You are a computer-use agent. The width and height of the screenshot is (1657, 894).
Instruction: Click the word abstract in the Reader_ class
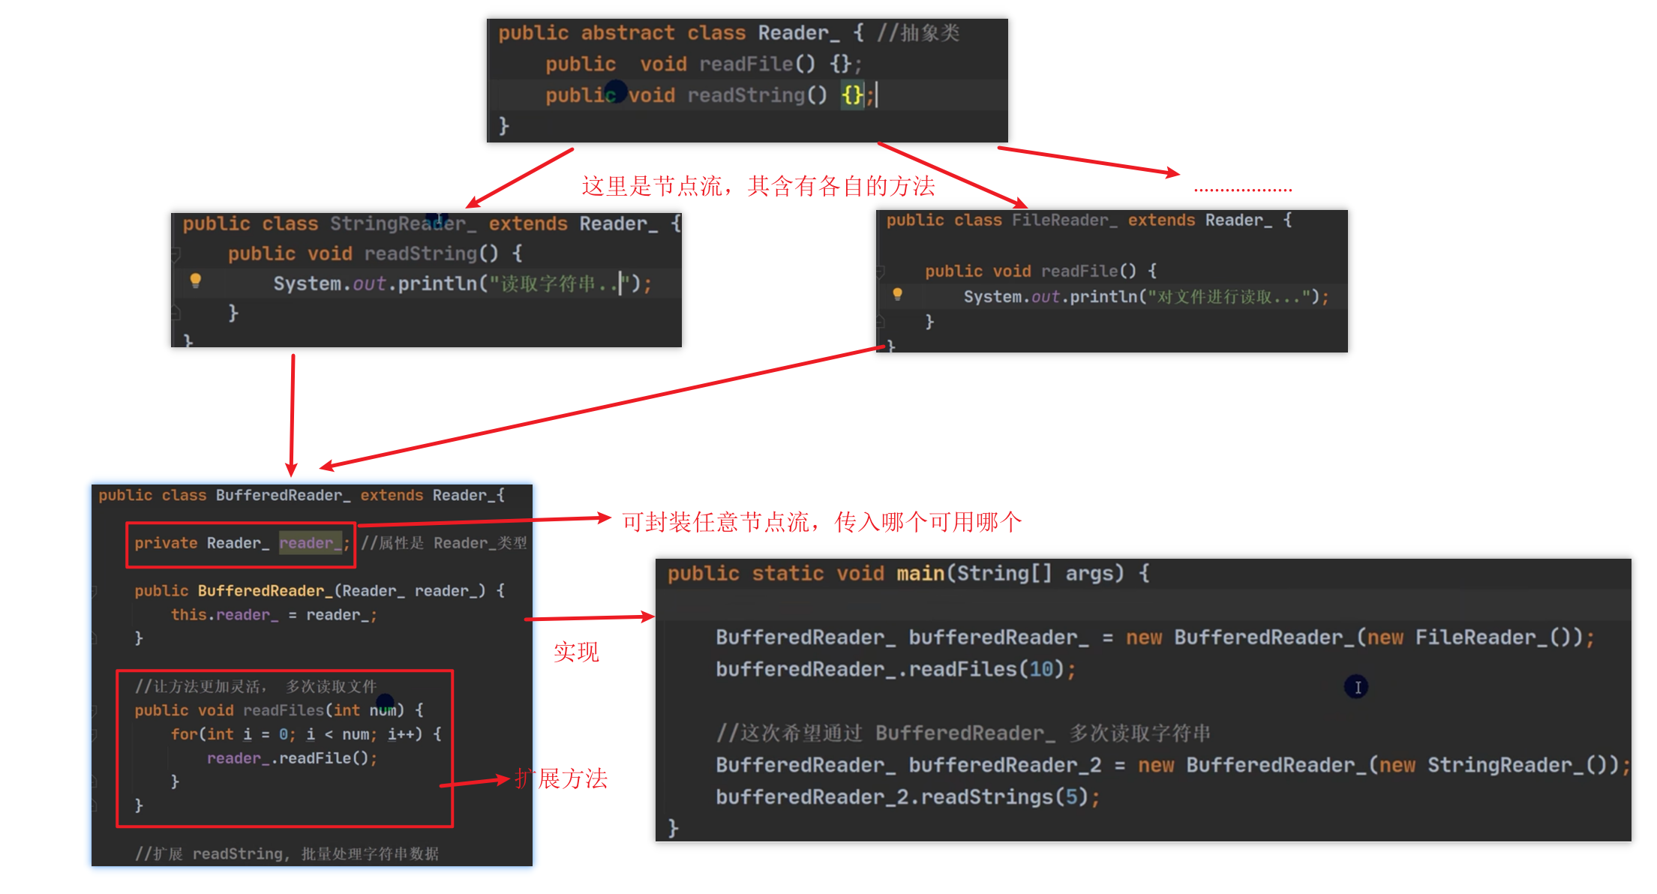[627, 33]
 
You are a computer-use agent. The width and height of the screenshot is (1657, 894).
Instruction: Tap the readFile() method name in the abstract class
[746, 64]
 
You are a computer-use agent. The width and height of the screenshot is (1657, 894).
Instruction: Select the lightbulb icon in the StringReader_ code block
[196, 280]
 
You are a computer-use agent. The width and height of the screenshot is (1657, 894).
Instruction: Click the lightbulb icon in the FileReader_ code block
[897, 294]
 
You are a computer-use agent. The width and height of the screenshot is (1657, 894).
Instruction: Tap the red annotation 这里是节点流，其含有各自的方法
[758, 186]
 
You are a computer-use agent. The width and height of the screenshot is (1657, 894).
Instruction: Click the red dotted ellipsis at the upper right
[1242, 190]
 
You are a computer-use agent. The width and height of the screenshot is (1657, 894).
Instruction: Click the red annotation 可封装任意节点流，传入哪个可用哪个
[821, 522]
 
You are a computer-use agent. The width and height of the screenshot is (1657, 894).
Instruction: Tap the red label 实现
[576, 652]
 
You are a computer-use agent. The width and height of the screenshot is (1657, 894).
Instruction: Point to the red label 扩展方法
[562, 779]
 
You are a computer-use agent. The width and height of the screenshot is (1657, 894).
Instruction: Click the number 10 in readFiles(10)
[1040, 670]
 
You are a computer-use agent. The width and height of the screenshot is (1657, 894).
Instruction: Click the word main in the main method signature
[920, 574]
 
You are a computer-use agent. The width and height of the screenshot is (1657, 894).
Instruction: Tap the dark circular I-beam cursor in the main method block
[1356, 687]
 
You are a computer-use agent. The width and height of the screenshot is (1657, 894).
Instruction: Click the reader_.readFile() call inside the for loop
[292, 758]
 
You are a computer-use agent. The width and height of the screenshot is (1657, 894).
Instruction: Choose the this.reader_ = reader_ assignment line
[274, 615]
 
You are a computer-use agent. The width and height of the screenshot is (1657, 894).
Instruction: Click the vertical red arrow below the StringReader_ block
[292, 412]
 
